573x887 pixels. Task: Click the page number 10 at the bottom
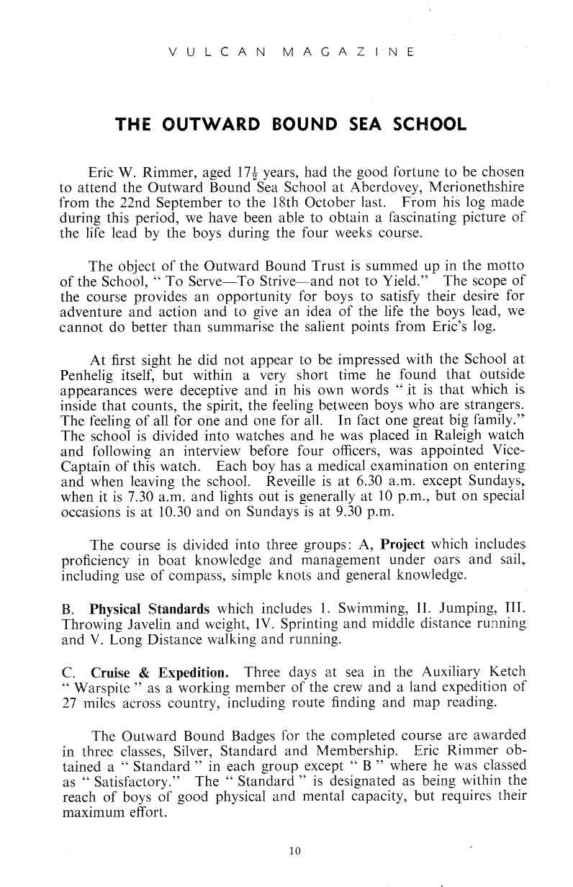293,850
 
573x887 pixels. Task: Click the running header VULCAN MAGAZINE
291,53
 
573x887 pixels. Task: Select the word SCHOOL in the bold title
431,125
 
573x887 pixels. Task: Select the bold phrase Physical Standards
150,608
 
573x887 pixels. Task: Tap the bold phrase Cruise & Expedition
160,672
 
